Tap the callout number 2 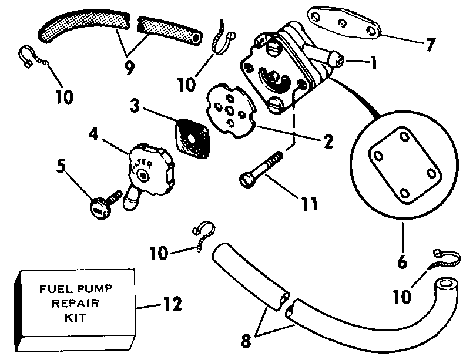point(327,142)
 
